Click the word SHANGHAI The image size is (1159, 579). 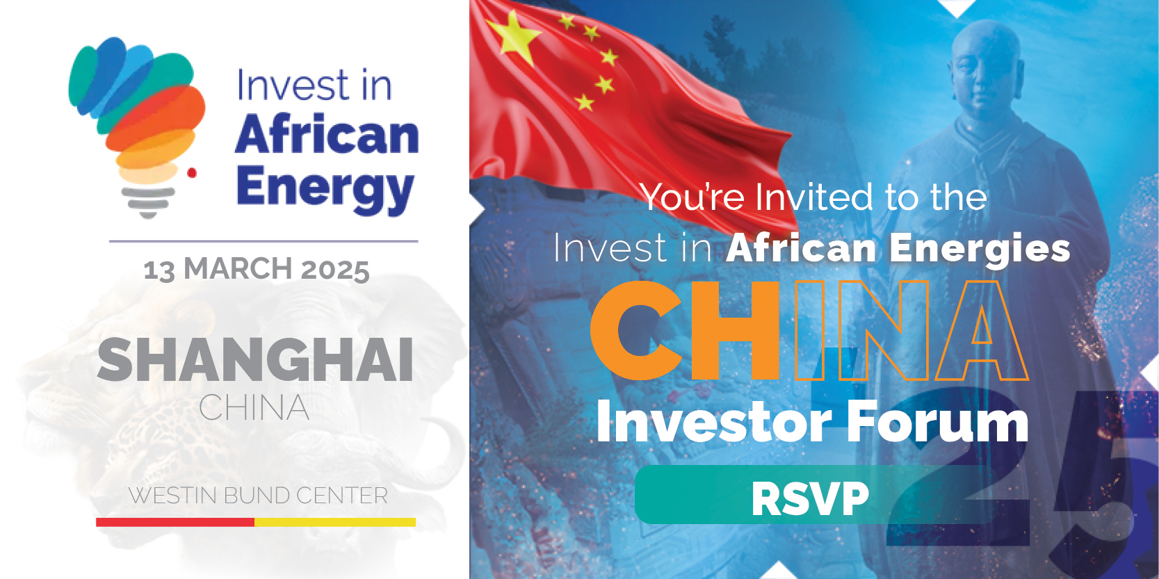255,359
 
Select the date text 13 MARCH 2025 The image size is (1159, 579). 257,269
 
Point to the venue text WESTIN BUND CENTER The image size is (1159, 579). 258,496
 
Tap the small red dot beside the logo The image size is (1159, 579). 191,173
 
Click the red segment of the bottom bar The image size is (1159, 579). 175,522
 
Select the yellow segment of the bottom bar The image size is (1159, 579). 335,522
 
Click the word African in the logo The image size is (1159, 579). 327,135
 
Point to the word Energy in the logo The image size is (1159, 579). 325,190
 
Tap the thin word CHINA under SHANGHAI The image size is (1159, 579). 254,408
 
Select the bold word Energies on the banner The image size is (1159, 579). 980,250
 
